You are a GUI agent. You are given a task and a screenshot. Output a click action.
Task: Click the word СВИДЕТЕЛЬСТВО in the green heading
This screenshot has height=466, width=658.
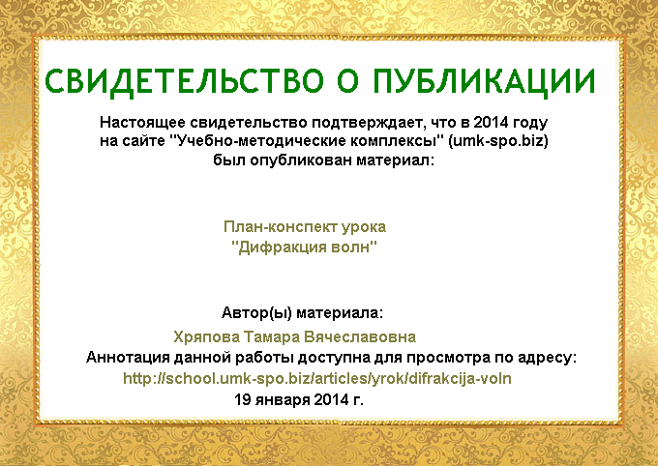(184, 81)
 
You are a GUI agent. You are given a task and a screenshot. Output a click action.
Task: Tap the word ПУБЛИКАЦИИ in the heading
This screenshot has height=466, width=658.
(484, 81)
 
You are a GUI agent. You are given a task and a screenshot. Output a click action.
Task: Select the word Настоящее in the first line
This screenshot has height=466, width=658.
(142, 123)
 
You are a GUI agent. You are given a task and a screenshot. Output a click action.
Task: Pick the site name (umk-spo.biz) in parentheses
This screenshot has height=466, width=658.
(498, 141)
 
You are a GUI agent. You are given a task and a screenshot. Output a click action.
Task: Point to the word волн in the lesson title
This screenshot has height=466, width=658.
(354, 248)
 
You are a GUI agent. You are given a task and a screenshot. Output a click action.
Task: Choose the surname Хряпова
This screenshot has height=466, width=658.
(206, 337)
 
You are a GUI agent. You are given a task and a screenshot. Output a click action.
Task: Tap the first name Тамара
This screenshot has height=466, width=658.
(272, 336)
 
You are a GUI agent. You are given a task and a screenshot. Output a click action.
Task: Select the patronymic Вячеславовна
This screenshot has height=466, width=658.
(360, 336)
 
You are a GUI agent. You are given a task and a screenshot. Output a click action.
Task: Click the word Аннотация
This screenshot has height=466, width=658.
(128, 358)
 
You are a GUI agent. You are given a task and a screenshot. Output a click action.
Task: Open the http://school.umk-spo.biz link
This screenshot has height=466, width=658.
(317, 379)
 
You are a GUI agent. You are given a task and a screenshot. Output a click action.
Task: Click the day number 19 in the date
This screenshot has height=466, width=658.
(242, 399)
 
